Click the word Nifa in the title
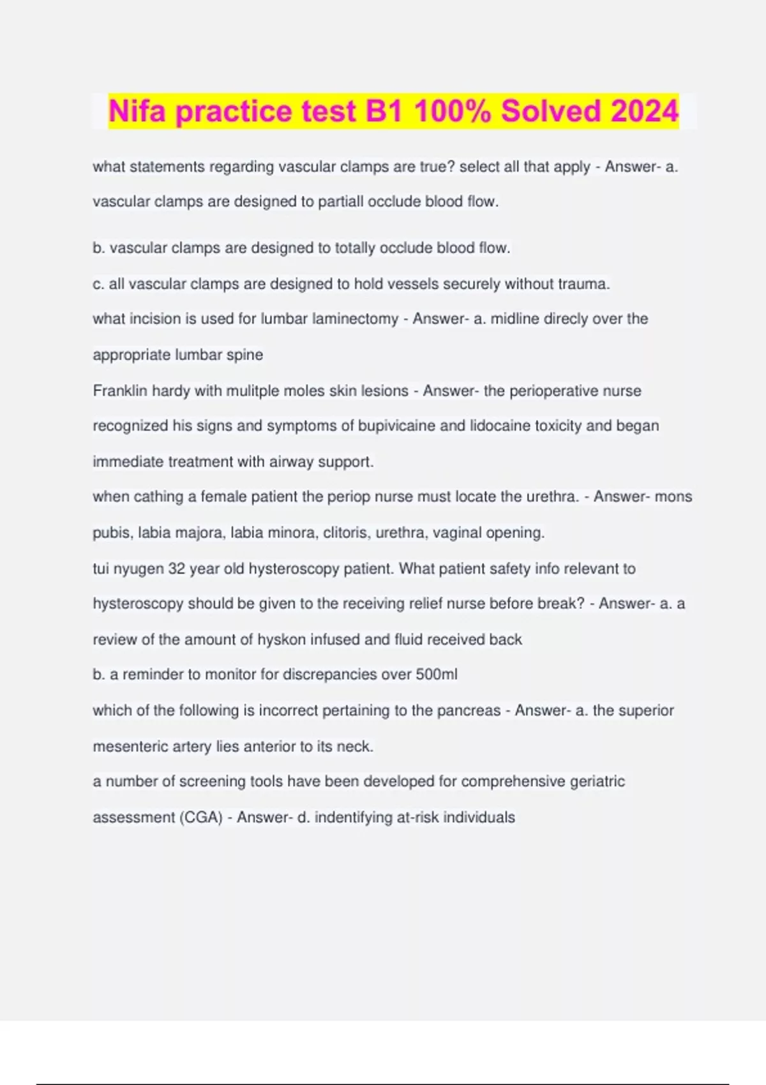tap(138, 111)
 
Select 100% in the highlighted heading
tap(453, 111)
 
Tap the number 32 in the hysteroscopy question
tap(176, 569)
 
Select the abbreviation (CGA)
tap(200, 818)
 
